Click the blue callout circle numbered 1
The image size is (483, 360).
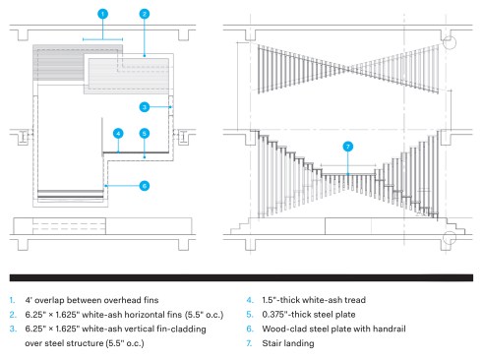click(102, 14)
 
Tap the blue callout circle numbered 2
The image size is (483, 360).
click(145, 14)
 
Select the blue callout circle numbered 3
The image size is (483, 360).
click(145, 107)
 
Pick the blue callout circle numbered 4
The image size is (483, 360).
click(118, 134)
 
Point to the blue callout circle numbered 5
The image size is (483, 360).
click(145, 134)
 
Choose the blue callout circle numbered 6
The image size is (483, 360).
click(145, 186)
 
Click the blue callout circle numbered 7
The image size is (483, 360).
click(348, 147)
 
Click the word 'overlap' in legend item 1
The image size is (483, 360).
click(49, 300)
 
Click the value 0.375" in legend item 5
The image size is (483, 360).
click(275, 315)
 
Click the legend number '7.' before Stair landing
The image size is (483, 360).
click(250, 343)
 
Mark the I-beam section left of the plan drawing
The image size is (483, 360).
click(24, 137)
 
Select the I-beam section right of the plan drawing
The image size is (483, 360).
click(183, 137)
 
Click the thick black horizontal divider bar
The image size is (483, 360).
click(241, 277)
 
